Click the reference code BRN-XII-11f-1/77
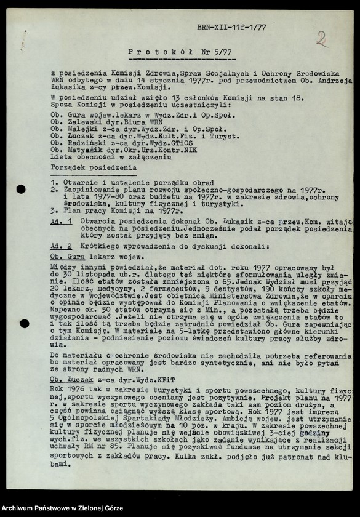click(x=231, y=27)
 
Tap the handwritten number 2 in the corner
click(x=321, y=39)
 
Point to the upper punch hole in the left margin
click(x=21, y=189)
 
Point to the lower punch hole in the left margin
click(x=24, y=323)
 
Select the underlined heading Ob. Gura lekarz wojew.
click(x=97, y=256)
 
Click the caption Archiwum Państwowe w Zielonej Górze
click(x=62, y=508)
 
